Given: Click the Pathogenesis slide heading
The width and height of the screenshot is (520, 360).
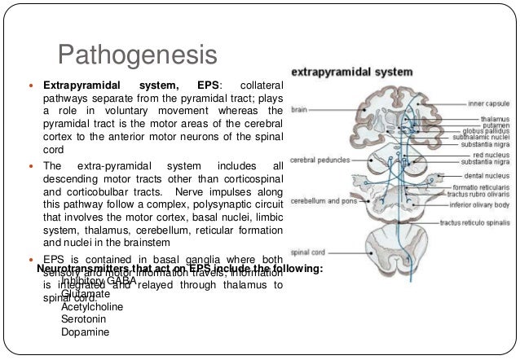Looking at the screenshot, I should pyautogui.click(x=138, y=56).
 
